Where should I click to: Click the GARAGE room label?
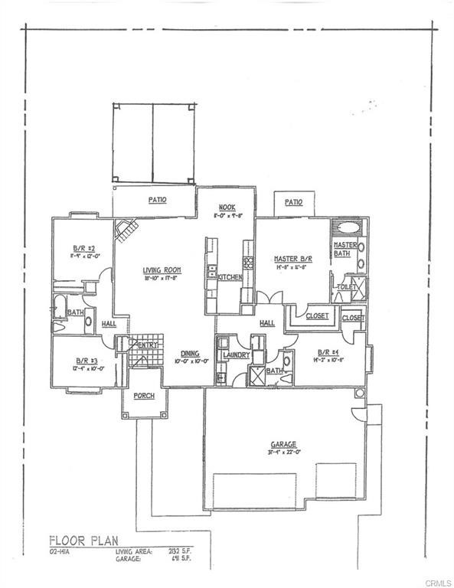point(283,443)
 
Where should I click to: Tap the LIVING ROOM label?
point(161,269)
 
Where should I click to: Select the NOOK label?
point(226,207)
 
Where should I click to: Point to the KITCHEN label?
point(230,276)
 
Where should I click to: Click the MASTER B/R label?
point(290,259)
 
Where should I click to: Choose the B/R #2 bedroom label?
point(83,248)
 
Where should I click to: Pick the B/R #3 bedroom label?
point(85,360)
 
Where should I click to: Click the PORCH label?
point(144,396)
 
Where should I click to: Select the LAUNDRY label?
point(237,355)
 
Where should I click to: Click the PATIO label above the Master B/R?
point(293,202)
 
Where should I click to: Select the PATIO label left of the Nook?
point(158,200)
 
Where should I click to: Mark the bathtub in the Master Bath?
point(348,227)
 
